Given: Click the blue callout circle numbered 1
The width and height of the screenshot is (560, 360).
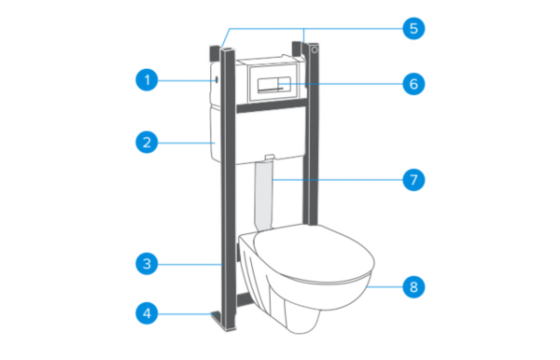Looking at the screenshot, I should point(146,80).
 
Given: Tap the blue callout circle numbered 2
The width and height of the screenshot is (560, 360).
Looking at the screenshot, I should point(146,143).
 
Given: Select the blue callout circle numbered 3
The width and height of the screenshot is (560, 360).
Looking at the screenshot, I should point(146,264).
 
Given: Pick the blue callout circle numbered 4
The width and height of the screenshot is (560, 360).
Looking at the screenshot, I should point(146,314).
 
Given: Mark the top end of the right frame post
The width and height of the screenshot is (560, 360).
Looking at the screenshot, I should point(303,41).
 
